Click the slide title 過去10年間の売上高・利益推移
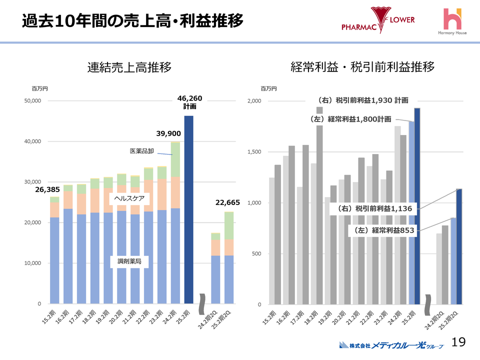132,21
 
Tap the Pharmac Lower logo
378,21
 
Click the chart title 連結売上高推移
129,67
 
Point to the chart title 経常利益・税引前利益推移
362,67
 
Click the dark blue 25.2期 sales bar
188,210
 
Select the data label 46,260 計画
189,102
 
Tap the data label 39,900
168,133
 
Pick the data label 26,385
47,189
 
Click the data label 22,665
228,202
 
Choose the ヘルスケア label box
129,198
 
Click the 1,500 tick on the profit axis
254,152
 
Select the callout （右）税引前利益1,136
374,208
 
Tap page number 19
458,342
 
